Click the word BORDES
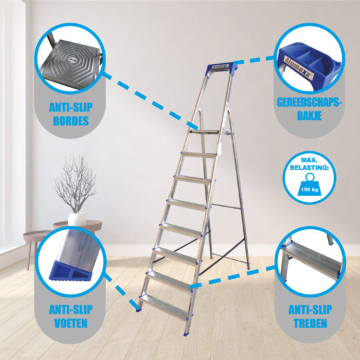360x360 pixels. click(x=71, y=121)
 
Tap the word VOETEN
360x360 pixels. click(x=71, y=323)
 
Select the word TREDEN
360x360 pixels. click(x=310, y=323)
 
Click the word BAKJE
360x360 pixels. click(x=309, y=116)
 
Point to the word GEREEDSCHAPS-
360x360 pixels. click(x=309, y=102)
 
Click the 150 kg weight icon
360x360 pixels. click(x=309, y=185)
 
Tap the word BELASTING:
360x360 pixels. click(x=309, y=167)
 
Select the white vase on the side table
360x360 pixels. click(x=77, y=219)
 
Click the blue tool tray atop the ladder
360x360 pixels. click(x=222, y=67)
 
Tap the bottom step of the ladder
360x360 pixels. click(x=165, y=307)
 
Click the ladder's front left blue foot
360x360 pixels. click(x=139, y=310)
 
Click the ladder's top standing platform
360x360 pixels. click(x=205, y=132)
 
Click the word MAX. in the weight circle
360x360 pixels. click(x=309, y=160)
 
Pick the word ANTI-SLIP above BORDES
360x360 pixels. click(x=71, y=107)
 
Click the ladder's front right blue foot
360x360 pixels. click(x=186, y=333)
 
